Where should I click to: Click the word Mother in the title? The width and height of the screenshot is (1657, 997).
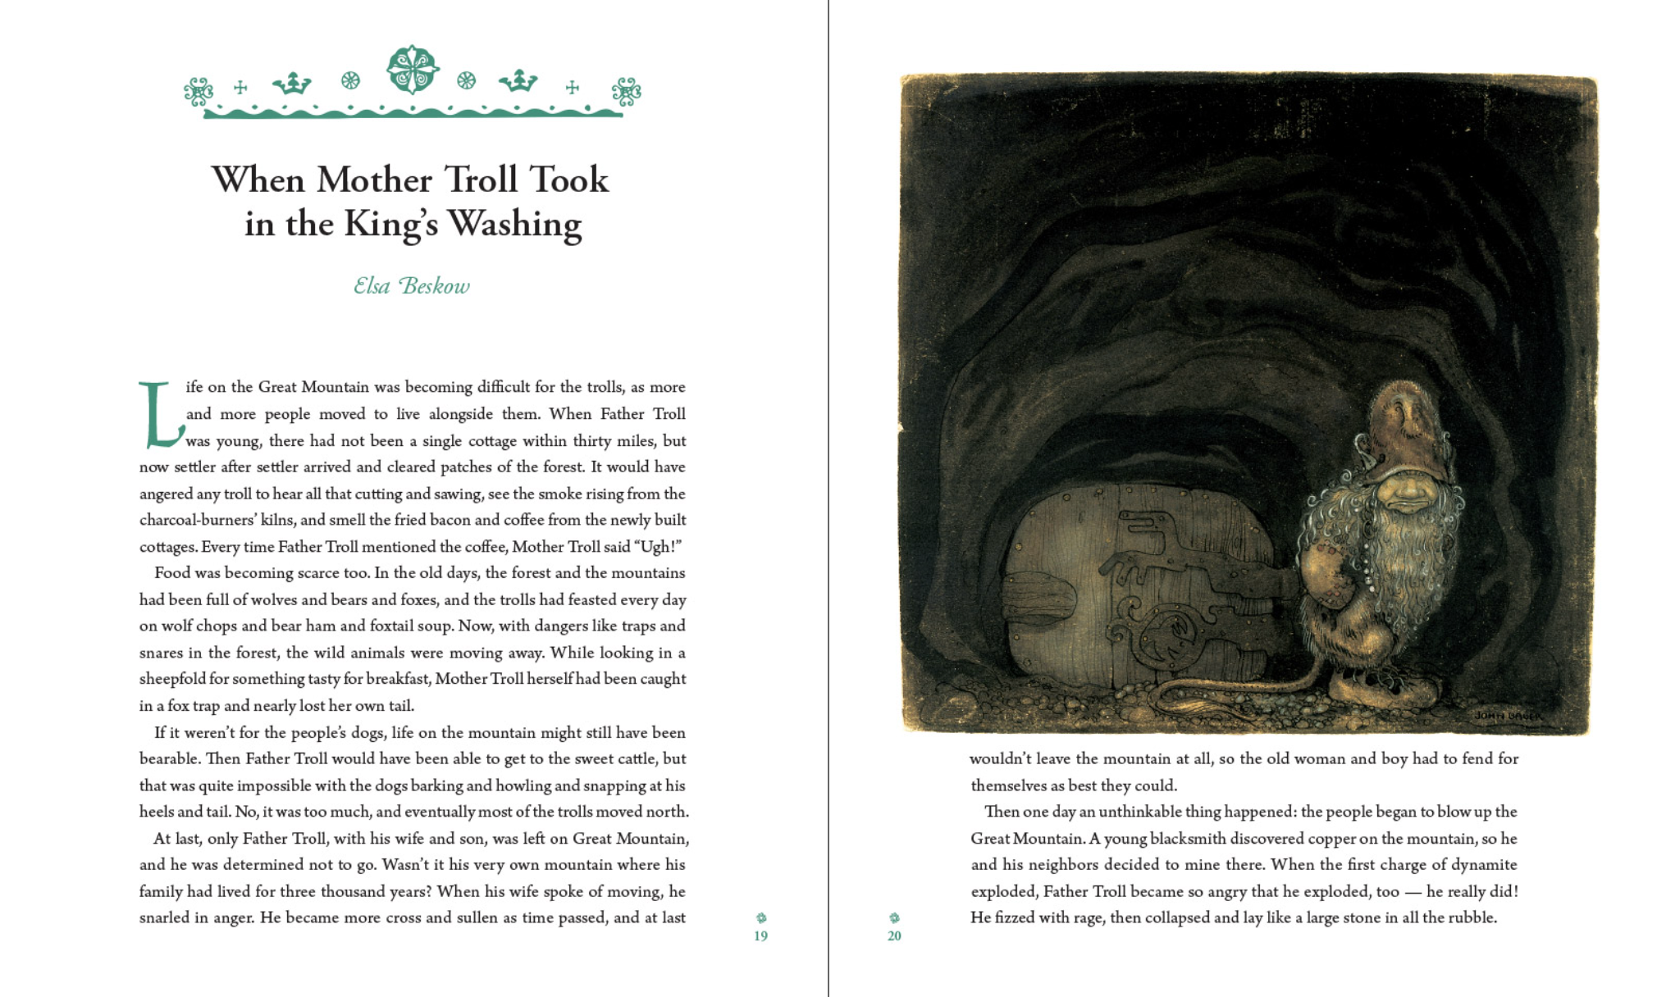(374, 180)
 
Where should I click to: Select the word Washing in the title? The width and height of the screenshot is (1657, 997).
(514, 224)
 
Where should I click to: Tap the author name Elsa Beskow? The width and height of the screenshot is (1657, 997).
(412, 285)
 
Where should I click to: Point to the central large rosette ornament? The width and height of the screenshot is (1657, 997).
(413, 69)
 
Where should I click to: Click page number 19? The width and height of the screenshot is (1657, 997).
(760, 936)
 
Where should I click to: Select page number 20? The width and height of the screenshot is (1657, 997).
(894, 936)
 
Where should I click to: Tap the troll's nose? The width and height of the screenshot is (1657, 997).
(1404, 489)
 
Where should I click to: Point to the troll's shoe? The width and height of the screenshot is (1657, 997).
(1378, 685)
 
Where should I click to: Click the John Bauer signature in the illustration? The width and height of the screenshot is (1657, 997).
(1508, 716)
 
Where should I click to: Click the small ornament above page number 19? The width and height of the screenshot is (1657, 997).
(761, 917)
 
